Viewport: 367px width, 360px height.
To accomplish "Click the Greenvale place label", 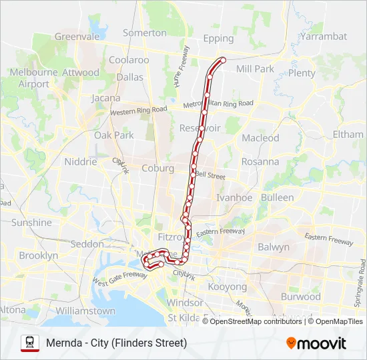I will click(x=77, y=37).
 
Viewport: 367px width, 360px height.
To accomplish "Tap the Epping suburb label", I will click(x=218, y=39).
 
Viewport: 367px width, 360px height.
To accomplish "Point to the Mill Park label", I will click(x=255, y=69).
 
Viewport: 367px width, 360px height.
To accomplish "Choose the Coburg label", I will click(x=157, y=169).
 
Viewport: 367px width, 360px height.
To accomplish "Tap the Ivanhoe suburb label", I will click(x=234, y=197).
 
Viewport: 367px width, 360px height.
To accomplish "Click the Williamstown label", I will click(x=85, y=311).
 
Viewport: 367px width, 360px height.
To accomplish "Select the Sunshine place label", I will click(x=31, y=223).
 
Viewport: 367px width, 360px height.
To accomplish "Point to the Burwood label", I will click(x=300, y=297).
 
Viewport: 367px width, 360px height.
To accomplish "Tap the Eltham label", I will click(x=348, y=135).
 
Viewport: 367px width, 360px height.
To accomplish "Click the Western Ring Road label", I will click(x=139, y=110).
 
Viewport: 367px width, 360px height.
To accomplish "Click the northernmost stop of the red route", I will click(x=222, y=60).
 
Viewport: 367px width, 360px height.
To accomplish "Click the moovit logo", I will click(x=316, y=343).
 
